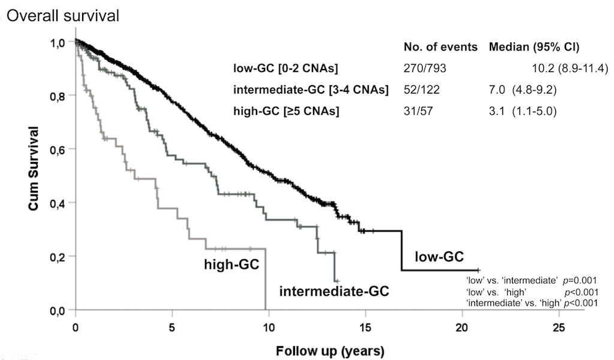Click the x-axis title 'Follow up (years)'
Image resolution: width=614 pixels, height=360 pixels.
click(330, 349)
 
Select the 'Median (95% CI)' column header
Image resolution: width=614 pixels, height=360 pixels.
click(531, 47)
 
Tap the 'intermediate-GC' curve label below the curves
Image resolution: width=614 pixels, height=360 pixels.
click(335, 292)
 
